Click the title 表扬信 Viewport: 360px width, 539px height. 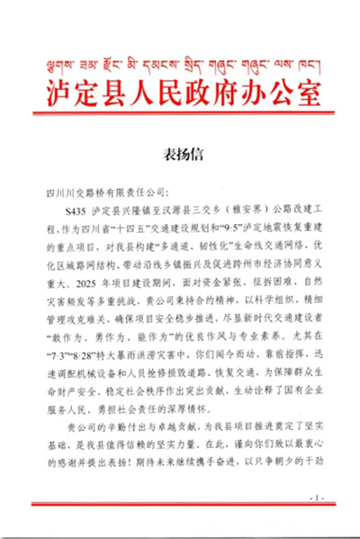[x=180, y=150]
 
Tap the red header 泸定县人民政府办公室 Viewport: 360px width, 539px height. [x=180, y=93]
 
